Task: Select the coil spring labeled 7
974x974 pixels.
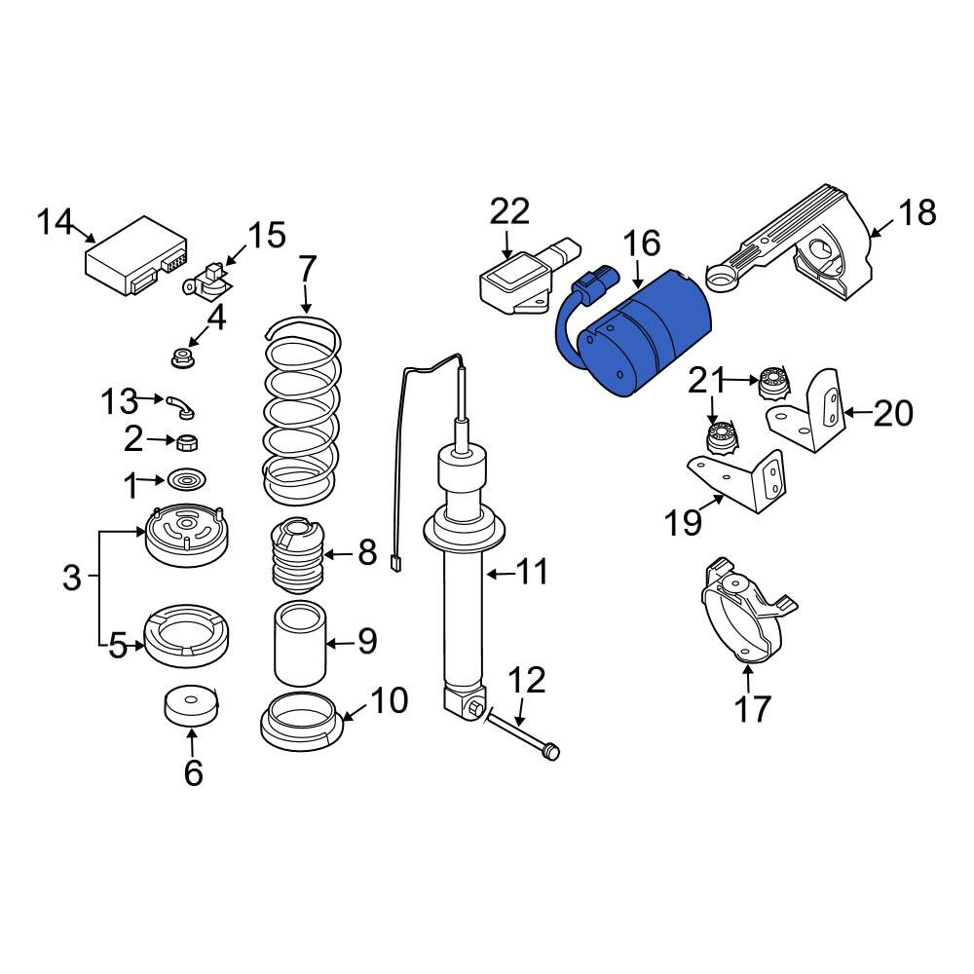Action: (303, 410)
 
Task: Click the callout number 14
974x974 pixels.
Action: (56, 222)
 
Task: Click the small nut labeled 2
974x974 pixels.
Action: (188, 442)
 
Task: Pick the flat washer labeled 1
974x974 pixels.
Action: (186, 480)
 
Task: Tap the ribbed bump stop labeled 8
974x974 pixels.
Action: (297, 556)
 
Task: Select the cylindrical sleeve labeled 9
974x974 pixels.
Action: (300, 644)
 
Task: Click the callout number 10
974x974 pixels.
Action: (389, 700)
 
